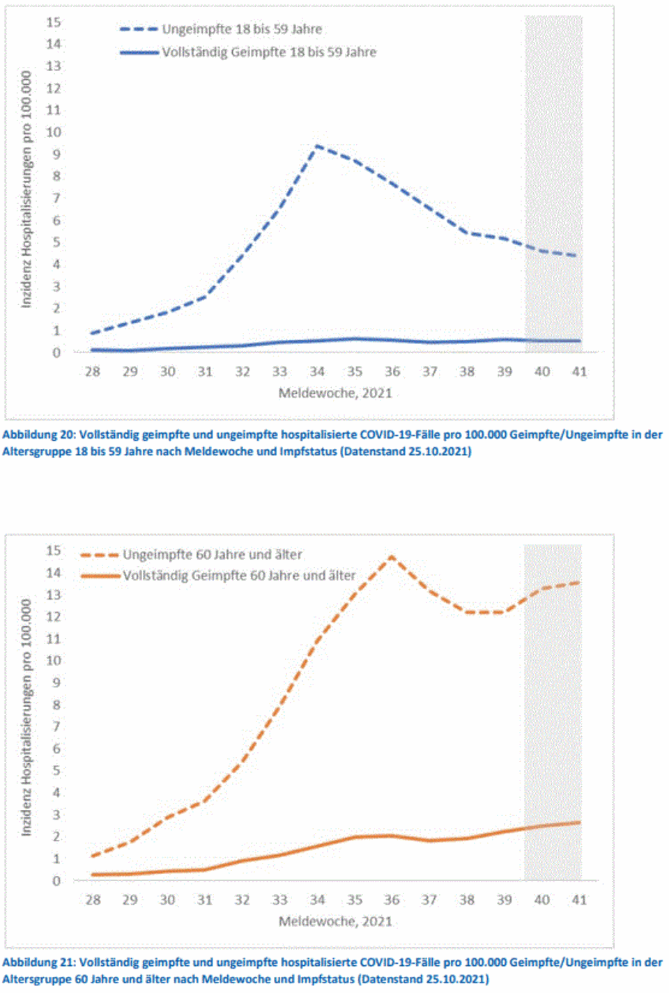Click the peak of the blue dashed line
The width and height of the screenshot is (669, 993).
pyautogui.click(x=317, y=146)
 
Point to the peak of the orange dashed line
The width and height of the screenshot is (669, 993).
pyautogui.click(x=392, y=556)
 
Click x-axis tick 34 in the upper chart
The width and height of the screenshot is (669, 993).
pyautogui.click(x=317, y=372)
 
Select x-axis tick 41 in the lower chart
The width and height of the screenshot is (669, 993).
pyautogui.click(x=579, y=900)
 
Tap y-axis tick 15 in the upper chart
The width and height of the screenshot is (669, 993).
pyautogui.click(x=54, y=22)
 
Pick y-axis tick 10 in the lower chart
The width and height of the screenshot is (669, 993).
pyautogui.click(x=54, y=660)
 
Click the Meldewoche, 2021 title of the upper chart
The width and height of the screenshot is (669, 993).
pyautogui.click(x=335, y=393)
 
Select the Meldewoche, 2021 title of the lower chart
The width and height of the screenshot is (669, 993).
pyautogui.click(x=335, y=921)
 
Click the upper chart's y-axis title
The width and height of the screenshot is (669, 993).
pyautogui.click(x=26, y=189)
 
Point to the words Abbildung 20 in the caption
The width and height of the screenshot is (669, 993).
pyautogui.click(x=38, y=435)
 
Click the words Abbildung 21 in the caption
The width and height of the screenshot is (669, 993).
pyautogui.click(x=38, y=962)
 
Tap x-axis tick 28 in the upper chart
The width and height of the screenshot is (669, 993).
pyautogui.click(x=93, y=372)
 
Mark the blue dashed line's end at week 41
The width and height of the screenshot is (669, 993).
pyautogui.click(x=578, y=256)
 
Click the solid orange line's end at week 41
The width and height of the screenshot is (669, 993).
pyautogui.click(x=578, y=822)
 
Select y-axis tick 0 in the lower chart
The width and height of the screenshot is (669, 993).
pyautogui.click(x=56, y=881)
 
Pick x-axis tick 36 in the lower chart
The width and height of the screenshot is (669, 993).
pyautogui.click(x=392, y=900)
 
